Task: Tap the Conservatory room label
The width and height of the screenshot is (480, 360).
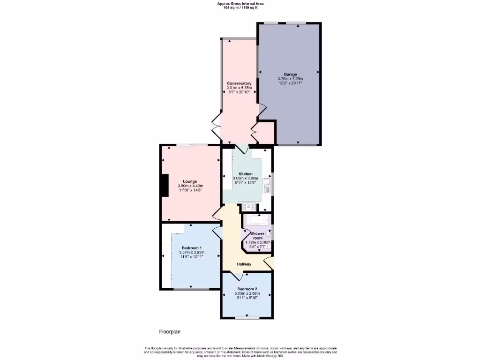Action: tap(239, 83)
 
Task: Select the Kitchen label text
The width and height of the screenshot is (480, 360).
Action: tap(246, 174)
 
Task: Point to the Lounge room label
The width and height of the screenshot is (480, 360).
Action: tap(190, 181)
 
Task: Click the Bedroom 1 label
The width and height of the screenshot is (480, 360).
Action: tap(192, 248)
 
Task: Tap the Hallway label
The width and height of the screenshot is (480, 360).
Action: tap(244, 264)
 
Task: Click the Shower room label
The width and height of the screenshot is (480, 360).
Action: tap(257, 235)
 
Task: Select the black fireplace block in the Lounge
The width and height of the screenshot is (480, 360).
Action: tap(165, 185)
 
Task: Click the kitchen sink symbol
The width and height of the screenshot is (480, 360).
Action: tap(267, 186)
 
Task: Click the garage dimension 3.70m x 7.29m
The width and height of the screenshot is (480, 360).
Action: tap(290, 79)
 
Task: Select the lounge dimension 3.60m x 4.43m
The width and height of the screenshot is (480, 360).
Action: tap(190, 186)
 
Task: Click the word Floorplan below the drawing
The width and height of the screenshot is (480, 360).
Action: tap(170, 332)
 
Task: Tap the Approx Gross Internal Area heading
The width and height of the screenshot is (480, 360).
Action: tap(240, 4)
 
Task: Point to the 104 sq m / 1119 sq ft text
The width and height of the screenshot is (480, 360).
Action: tap(240, 8)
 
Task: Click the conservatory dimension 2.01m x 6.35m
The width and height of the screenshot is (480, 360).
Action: tap(239, 88)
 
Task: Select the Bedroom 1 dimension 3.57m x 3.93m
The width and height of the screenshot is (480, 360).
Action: tap(192, 253)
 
